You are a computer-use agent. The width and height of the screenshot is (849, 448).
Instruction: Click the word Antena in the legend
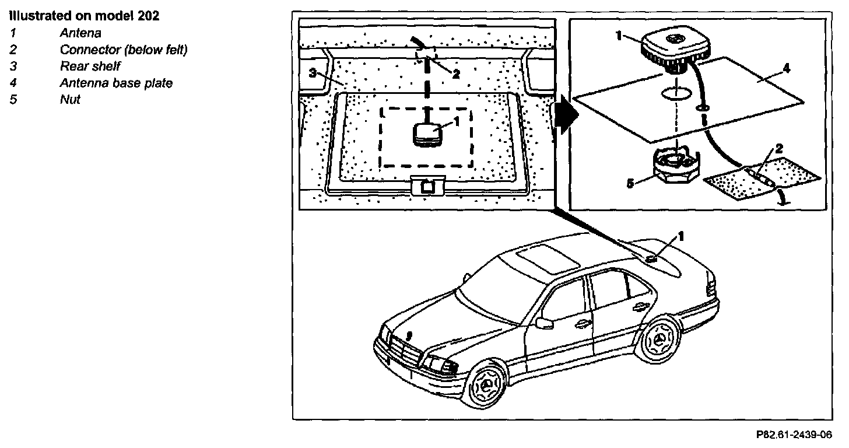pyautogui.click(x=80, y=33)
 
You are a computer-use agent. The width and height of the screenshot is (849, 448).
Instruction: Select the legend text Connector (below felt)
pyautogui.click(x=124, y=50)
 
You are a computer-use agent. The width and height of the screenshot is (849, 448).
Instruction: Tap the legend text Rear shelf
pyautogui.click(x=90, y=66)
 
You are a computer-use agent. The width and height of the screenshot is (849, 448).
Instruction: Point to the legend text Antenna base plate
pyautogui.click(x=116, y=83)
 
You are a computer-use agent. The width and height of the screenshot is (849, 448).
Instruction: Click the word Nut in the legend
pyautogui.click(x=70, y=99)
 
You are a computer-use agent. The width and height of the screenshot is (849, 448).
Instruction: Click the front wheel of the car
pyautogui.click(x=484, y=386)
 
